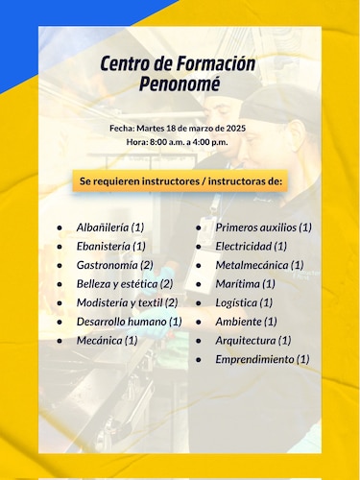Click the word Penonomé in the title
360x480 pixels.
pos(180,84)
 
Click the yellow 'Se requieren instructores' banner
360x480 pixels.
pos(180,180)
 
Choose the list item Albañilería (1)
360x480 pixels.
pos(110,228)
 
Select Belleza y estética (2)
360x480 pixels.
pos(125,284)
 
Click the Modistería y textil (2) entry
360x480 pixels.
pos(128,302)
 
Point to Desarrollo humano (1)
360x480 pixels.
pos(129,322)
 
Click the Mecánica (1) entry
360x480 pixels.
pos(108,340)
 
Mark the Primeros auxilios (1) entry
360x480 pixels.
pos(263,228)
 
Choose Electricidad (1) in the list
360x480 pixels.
pos(251,247)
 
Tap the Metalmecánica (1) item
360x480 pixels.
pos(259,265)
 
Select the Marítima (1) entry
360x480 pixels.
pos(245,284)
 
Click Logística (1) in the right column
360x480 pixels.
pos(244,302)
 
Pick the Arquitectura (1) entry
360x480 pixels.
pos(252,340)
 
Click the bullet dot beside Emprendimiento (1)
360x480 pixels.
pos(199,359)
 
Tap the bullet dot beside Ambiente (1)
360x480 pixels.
pos(199,322)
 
